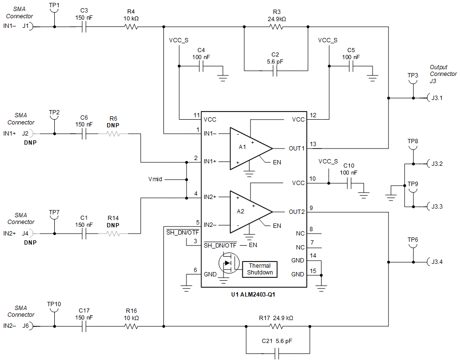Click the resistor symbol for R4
pyautogui.click(x=132, y=27)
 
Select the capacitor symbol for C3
pyautogui.click(x=84, y=27)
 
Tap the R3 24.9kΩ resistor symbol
pyautogui.click(x=276, y=27)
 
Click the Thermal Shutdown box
pyautogui.click(x=260, y=269)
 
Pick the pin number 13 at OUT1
pyautogui.click(x=313, y=143)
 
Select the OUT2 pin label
pyautogui.click(x=296, y=212)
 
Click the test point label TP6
pyautogui.click(x=412, y=239)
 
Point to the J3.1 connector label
pyautogui.click(x=436, y=98)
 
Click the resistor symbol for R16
pyautogui.click(x=132, y=326)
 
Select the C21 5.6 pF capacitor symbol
pyautogui.click(x=277, y=354)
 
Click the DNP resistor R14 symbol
pyautogui.click(x=113, y=234)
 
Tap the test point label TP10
pyautogui.click(x=54, y=304)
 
